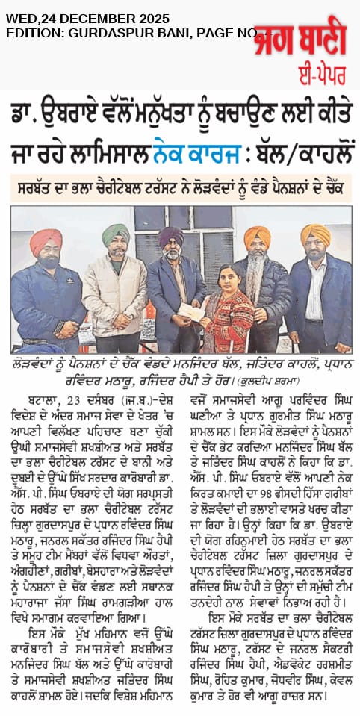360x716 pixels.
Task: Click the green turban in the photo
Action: pyautogui.click(x=116, y=234)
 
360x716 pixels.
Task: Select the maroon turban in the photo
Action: pyautogui.click(x=171, y=237)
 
